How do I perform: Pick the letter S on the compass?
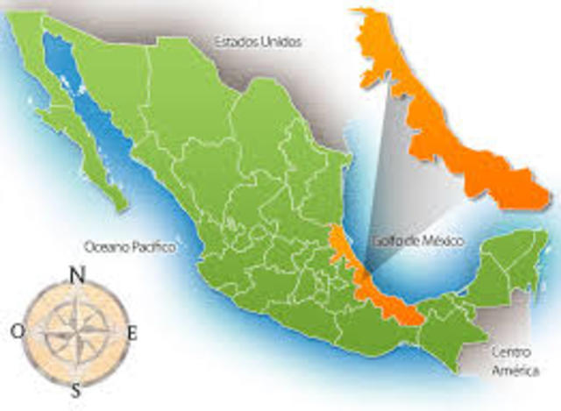coord(76,390)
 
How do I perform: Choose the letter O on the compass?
coord(18,331)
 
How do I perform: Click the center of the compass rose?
coord(76,332)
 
